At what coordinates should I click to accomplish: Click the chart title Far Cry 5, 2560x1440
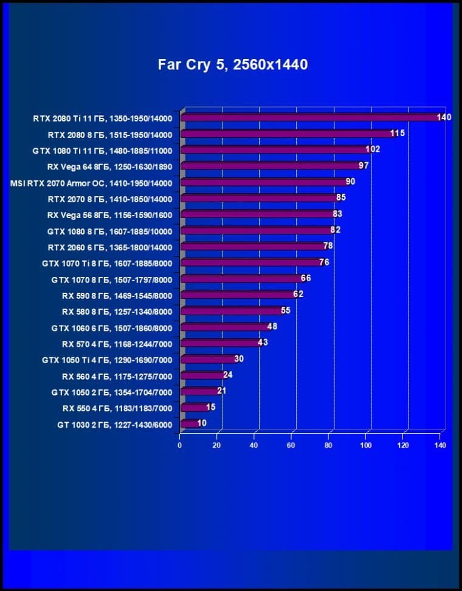(x=233, y=64)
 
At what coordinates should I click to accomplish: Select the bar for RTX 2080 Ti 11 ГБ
(x=310, y=117)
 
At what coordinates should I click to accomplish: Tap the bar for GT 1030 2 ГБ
(x=190, y=423)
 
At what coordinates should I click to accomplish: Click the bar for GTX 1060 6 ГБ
(x=225, y=327)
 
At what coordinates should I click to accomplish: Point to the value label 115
(x=398, y=133)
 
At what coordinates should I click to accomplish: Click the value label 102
(x=373, y=149)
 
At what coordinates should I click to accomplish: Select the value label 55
(x=285, y=310)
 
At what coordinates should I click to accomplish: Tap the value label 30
(x=239, y=359)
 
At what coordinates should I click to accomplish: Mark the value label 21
(x=222, y=391)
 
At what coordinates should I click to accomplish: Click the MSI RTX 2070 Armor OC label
(x=91, y=183)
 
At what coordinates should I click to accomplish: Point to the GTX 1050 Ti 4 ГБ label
(x=107, y=360)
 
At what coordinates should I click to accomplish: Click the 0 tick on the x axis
(x=180, y=445)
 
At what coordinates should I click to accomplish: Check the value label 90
(x=350, y=181)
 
